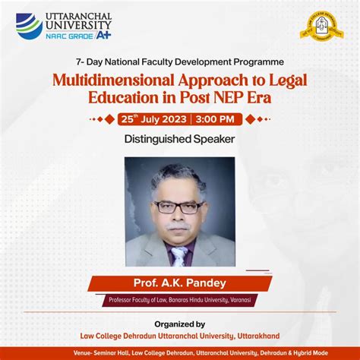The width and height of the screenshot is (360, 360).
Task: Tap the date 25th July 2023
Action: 154,119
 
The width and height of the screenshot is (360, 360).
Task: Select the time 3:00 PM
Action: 218,119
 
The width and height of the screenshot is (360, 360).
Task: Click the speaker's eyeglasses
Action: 178,207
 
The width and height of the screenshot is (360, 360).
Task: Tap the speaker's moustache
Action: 178,226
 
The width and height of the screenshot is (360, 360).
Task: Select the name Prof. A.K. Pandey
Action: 180,283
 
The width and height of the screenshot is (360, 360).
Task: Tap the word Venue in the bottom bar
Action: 84,353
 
